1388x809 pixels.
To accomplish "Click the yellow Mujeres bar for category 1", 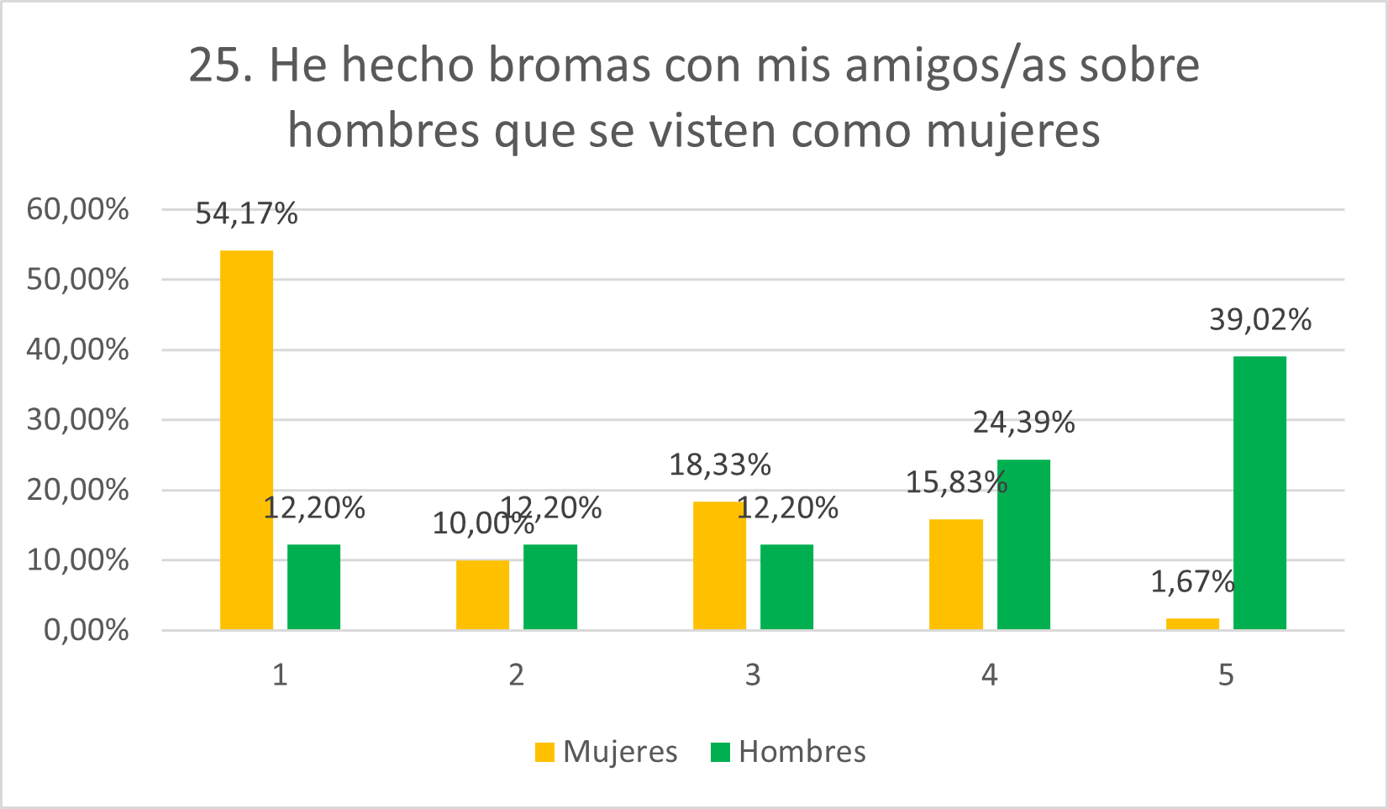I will [246, 439].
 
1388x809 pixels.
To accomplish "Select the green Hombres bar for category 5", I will [1259, 492].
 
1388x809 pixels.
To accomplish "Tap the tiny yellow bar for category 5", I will [1192, 623].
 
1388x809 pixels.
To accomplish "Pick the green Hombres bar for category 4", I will [1023, 544].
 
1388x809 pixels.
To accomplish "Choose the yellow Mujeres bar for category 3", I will [719, 565].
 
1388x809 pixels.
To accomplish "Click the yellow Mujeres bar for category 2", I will [482, 594].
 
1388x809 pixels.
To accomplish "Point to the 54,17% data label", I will [246, 214].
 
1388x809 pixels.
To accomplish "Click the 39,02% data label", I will [1259, 320].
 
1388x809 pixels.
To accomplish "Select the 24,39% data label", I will [1023, 423].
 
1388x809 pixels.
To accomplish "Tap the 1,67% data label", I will [1192, 581].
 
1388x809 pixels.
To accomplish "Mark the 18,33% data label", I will [719, 465].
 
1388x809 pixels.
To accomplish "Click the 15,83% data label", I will [956, 482].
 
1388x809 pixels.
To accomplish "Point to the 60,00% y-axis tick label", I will [78, 209].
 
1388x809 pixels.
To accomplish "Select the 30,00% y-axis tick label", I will [78, 419].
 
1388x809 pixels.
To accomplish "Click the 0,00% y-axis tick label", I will [86, 630].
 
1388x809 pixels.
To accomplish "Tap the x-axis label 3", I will [753, 675].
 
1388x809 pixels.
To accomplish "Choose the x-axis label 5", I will [1226, 675].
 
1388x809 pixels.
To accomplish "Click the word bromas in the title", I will [569, 65].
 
